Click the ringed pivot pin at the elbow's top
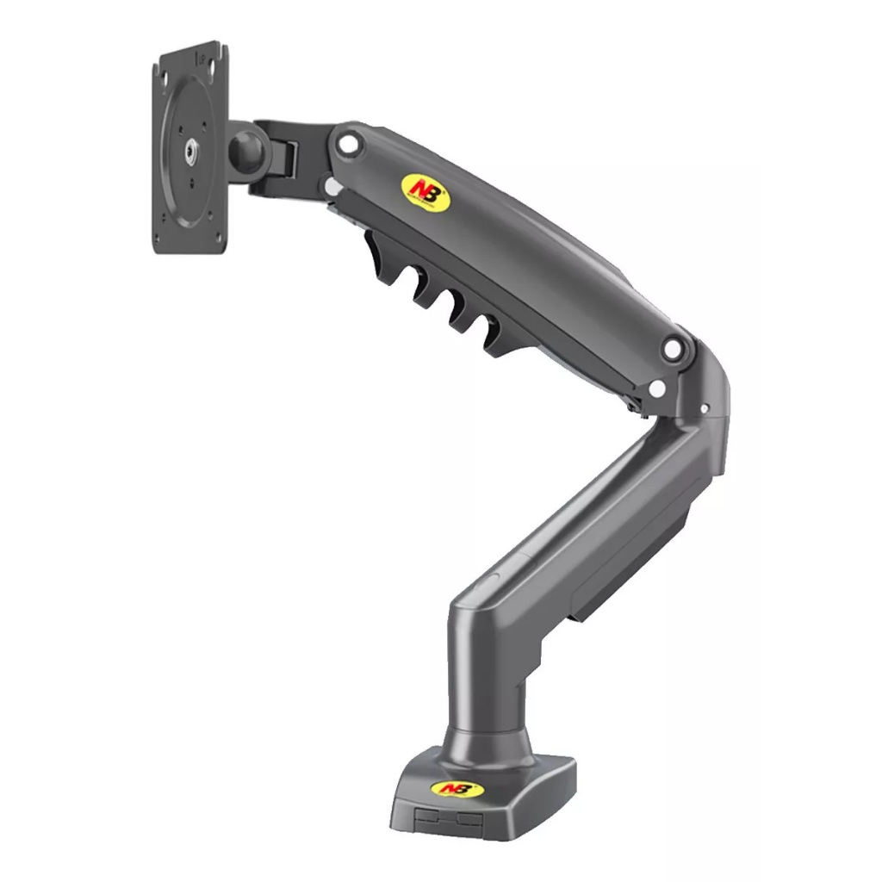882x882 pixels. click(671, 348)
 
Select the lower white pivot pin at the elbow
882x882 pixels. click(658, 388)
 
